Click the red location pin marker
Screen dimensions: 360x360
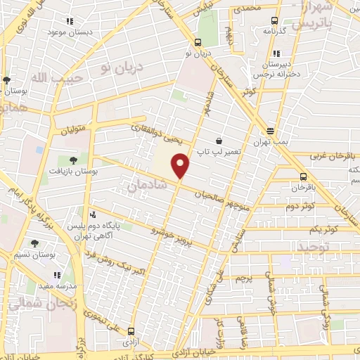coord(181,166)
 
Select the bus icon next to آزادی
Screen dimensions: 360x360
coord(131,331)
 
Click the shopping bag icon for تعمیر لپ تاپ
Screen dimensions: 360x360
coord(219,141)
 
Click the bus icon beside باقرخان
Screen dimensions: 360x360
coord(303,176)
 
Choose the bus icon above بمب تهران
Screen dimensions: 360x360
coord(270,131)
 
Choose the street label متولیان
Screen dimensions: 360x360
coord(70,128)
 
